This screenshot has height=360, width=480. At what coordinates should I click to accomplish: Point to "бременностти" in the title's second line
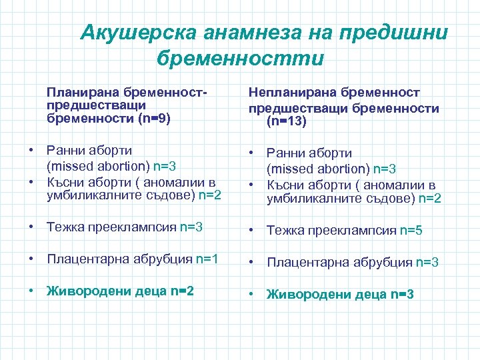(240, 58)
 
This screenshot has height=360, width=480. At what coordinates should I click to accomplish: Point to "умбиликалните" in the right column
(308, 198)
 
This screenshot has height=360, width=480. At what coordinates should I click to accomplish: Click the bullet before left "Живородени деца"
(32, 291)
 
